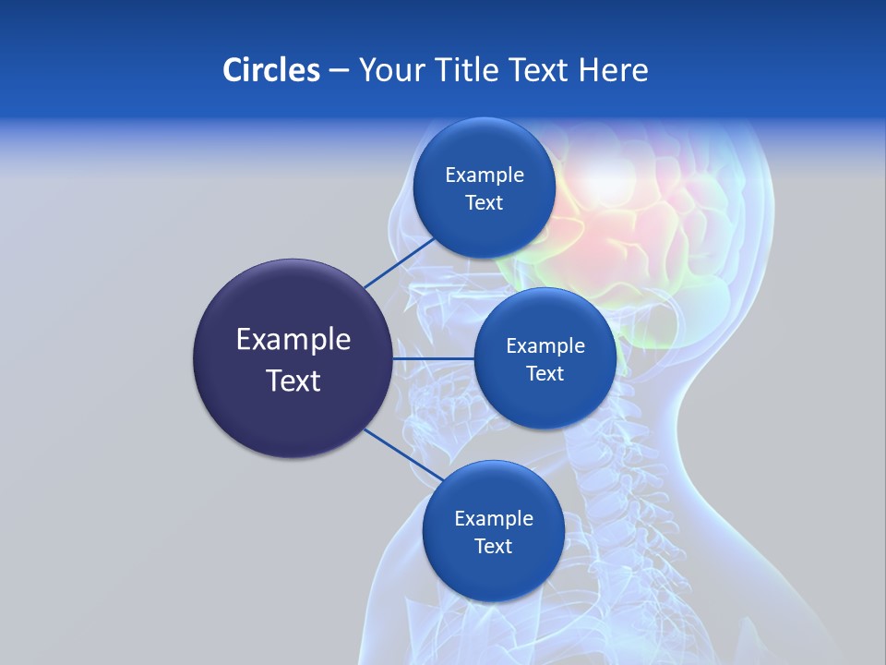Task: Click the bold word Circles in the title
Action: click(x=271, y=69)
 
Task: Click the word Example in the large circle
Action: click(x=293, y=340)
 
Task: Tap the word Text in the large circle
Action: click(x=293, y=381)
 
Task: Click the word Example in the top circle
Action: click(x=485, y=175)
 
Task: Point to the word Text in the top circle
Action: click(x=484, y=202)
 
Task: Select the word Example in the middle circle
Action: click(x=545, y=345)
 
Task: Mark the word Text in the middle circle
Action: click(x=545, y=373)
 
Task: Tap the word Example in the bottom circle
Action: click(x=494, y=518)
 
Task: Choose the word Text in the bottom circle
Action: click(x=493, y=546)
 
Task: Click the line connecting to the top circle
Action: click(x=401, y=262)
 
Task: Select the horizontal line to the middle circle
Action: click(x=433, y=357)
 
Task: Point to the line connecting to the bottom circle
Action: click(x=404, y=455)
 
